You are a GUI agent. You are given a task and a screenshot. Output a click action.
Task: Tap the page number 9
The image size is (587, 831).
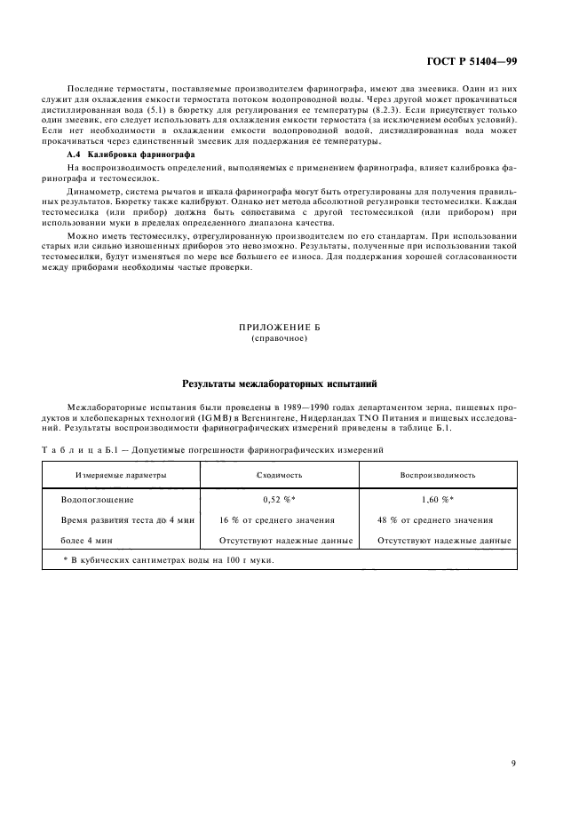click(x=514, y=762)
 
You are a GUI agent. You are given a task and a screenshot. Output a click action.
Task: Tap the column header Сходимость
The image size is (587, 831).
click(x=279, y=475)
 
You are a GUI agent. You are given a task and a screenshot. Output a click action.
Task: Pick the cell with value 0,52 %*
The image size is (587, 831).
click(x=279, y=500)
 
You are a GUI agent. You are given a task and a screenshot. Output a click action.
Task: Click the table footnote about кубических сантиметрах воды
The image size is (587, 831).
click(x=169, y=560)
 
